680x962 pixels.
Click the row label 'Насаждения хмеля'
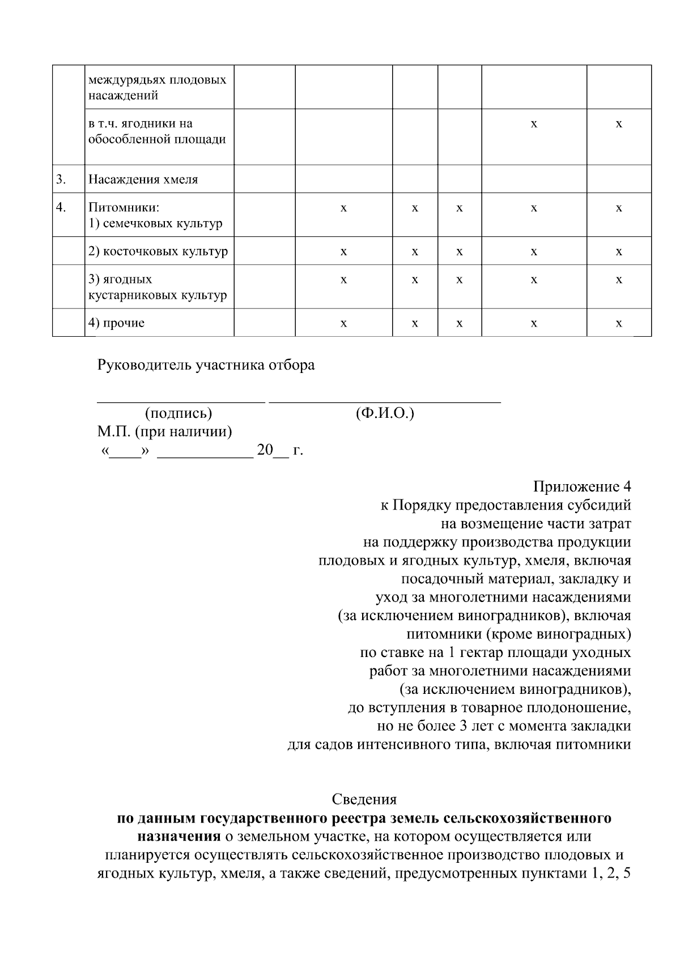(x=143, y=180)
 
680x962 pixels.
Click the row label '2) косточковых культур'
(x=158, y=251)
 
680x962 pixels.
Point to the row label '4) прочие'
(x=116, y=323)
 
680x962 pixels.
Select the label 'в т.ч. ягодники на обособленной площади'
(x=156, y=132)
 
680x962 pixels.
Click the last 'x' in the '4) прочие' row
(x=619, y=323)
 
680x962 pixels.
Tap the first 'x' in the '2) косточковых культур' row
(x=343, y=251)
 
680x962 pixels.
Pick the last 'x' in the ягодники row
(x=619, y=124)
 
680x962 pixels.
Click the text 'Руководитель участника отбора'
(x=206, y=365)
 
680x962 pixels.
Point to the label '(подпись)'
(x=178, y=413)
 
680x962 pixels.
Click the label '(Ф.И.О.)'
(x=385, y=413)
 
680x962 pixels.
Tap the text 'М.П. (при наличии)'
(x=164, y=432)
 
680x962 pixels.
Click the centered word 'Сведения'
(x=364, y=799)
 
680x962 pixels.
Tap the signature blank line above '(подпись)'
(x=181, y=401)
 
